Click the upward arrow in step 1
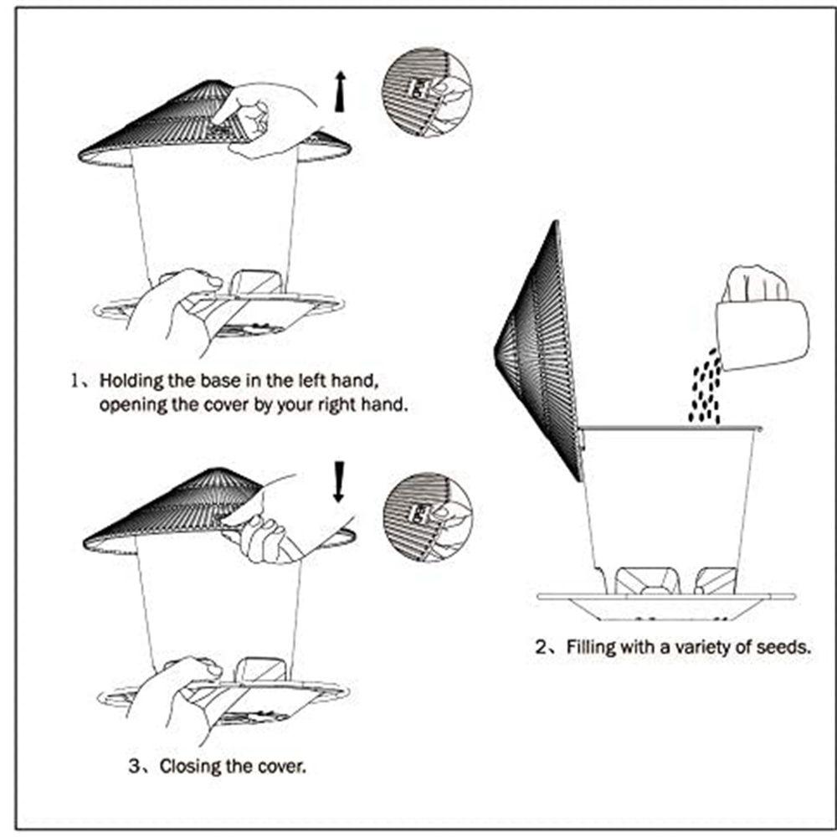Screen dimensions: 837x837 coord(339,91)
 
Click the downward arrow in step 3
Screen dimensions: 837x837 coord(339,482)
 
